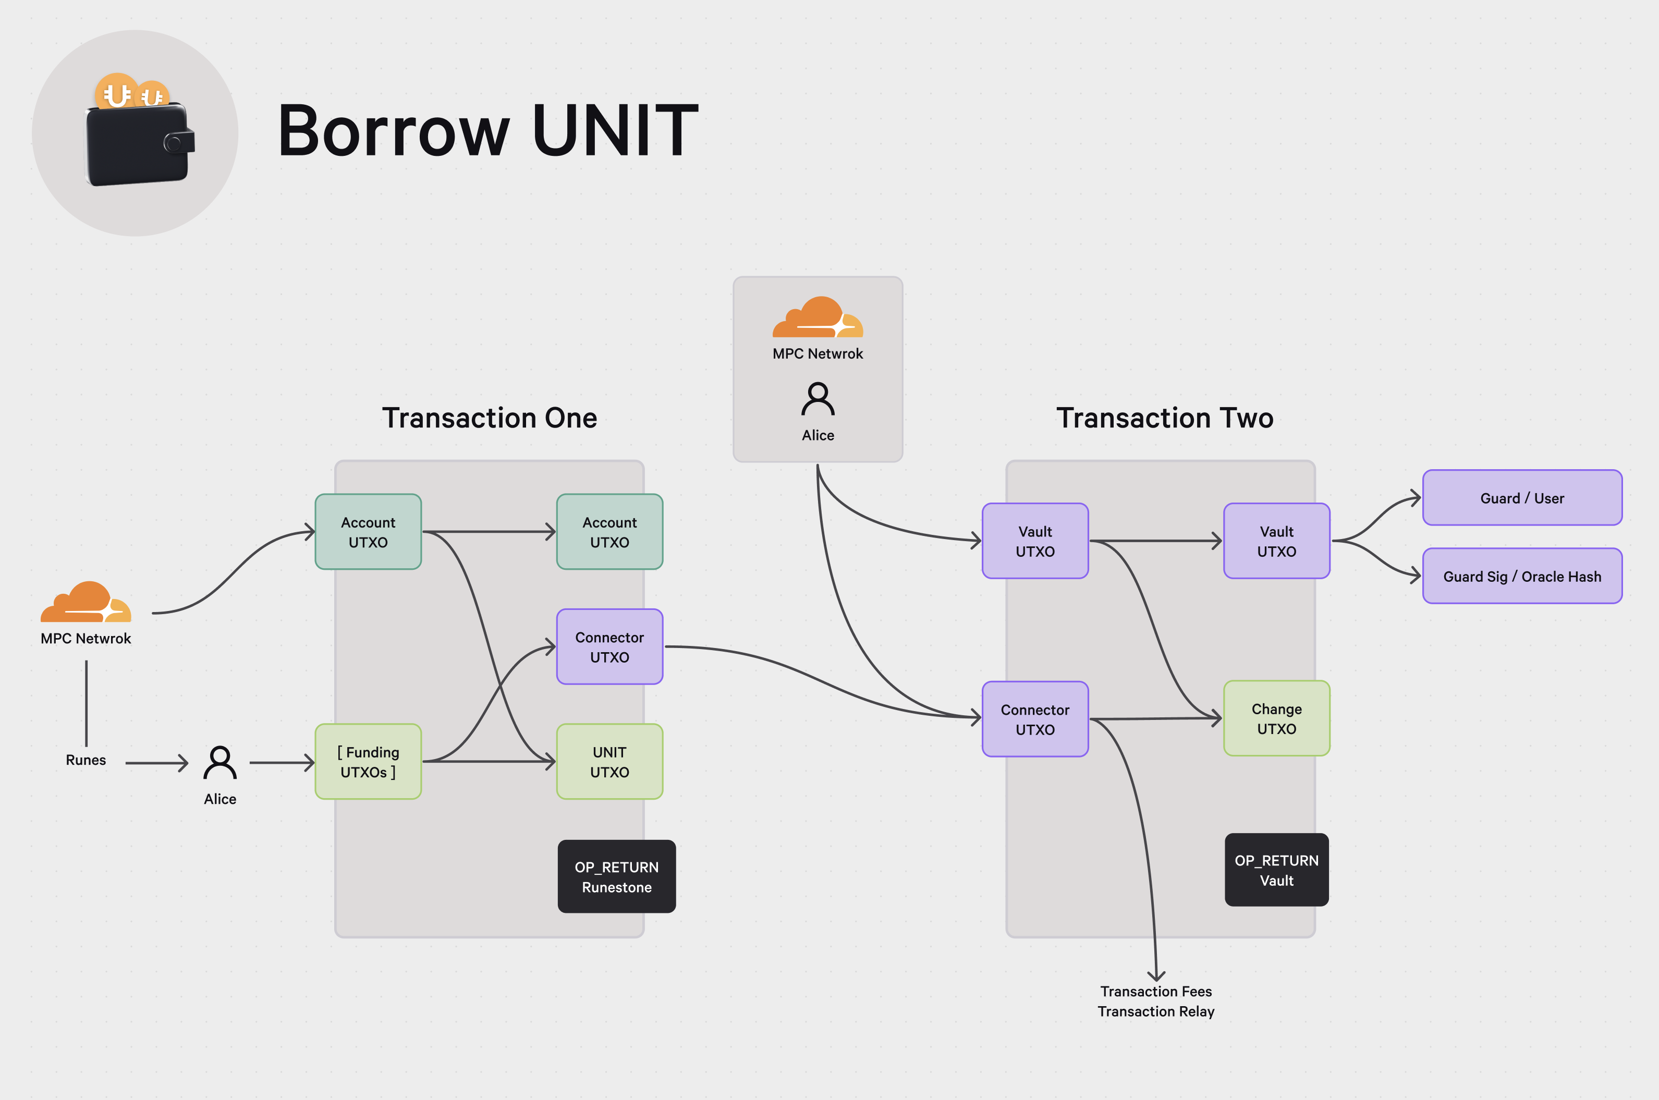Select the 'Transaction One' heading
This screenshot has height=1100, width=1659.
coord(489,418)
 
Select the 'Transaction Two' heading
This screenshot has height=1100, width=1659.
coord(1164,418)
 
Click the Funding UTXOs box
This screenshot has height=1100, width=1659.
coord(368,761)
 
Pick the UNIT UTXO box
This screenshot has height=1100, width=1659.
coord(609,761)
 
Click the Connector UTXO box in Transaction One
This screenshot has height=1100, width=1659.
coord(609,647)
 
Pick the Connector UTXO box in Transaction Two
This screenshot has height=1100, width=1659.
coord(1035,719)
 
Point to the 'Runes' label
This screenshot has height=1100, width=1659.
coord(86,760)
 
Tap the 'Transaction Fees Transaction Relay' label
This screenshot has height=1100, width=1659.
coord(1155,1001)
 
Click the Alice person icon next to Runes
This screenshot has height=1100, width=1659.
coord(219,763)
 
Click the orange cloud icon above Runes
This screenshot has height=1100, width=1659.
coord(86,603)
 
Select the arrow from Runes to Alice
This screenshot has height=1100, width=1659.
coord(156,763)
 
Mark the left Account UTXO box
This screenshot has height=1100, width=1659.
coord(368,532)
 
